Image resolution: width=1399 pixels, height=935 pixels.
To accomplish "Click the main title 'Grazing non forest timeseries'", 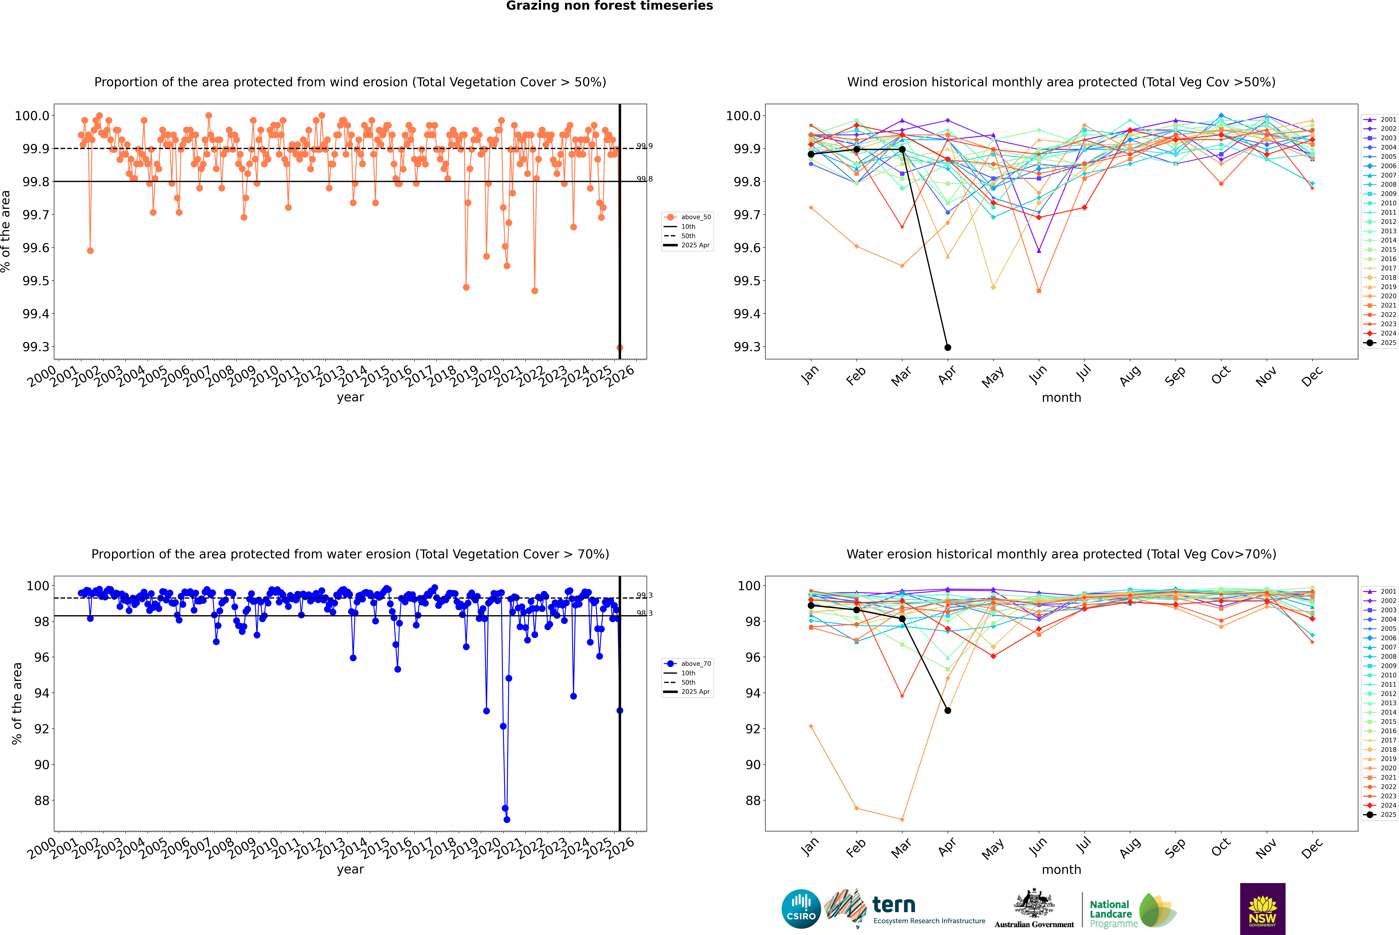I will pyautogui.click(x=609, y=6).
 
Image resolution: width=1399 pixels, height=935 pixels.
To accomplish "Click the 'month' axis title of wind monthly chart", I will pyautogui.click(x=1061, y=398).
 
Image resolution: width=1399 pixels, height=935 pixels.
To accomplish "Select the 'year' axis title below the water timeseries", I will pyautogui.click(x=350, y=869).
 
